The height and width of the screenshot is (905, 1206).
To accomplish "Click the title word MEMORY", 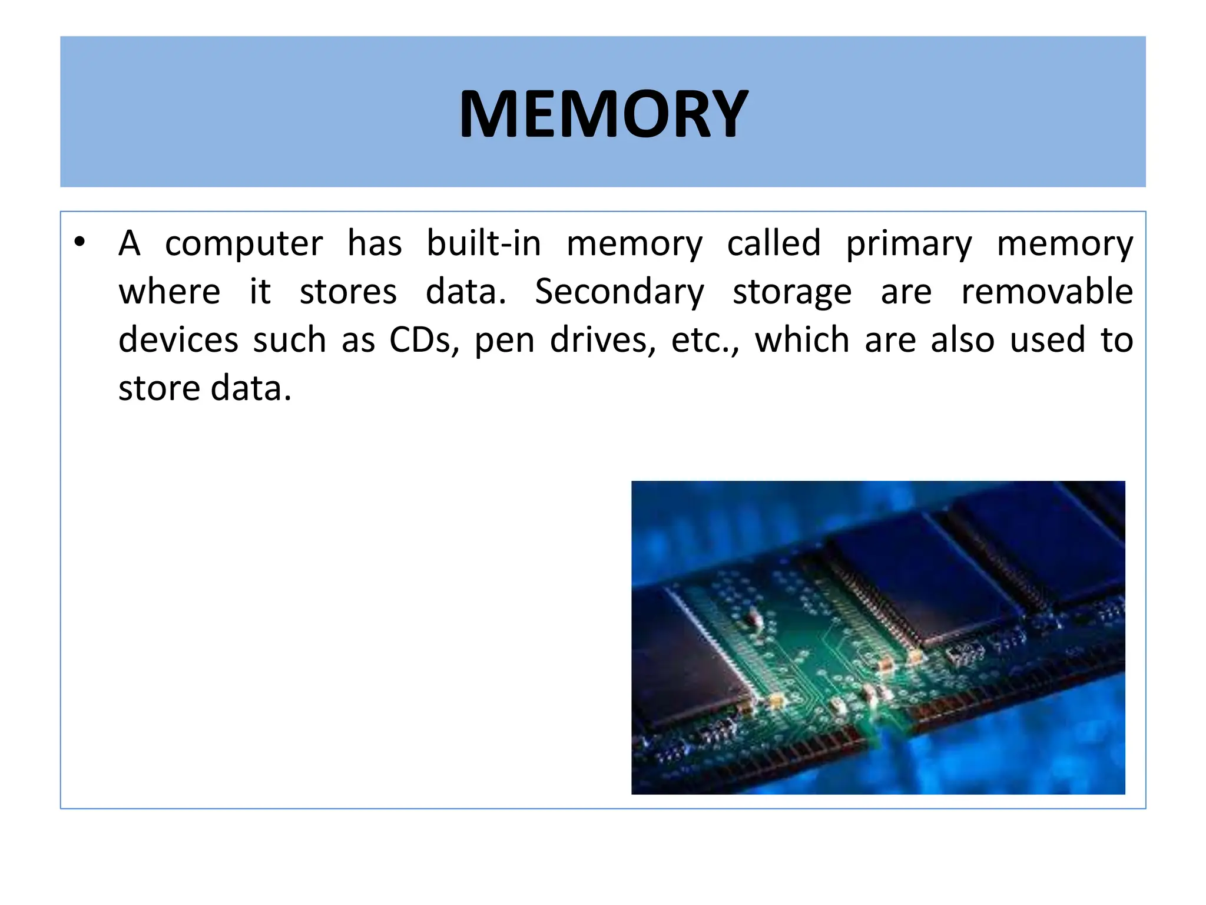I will pyautogui.click(x=603, y=113).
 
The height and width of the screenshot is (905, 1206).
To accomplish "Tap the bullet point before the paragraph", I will pyautogui.click(x=80, y=242).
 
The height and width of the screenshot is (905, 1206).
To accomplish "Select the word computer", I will pyautogui.click(x=244, y=243).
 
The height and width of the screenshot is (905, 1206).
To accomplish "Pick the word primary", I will pyautogui.click(x=909, y=245).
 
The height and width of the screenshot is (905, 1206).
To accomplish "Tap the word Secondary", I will pyautogui.click(x=619, y=292).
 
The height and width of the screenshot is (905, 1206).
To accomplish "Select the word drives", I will pyautogui.click(x=602, y=341).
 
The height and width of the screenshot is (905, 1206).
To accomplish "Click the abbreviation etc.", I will pyautogui.click(x=704, y=341).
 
